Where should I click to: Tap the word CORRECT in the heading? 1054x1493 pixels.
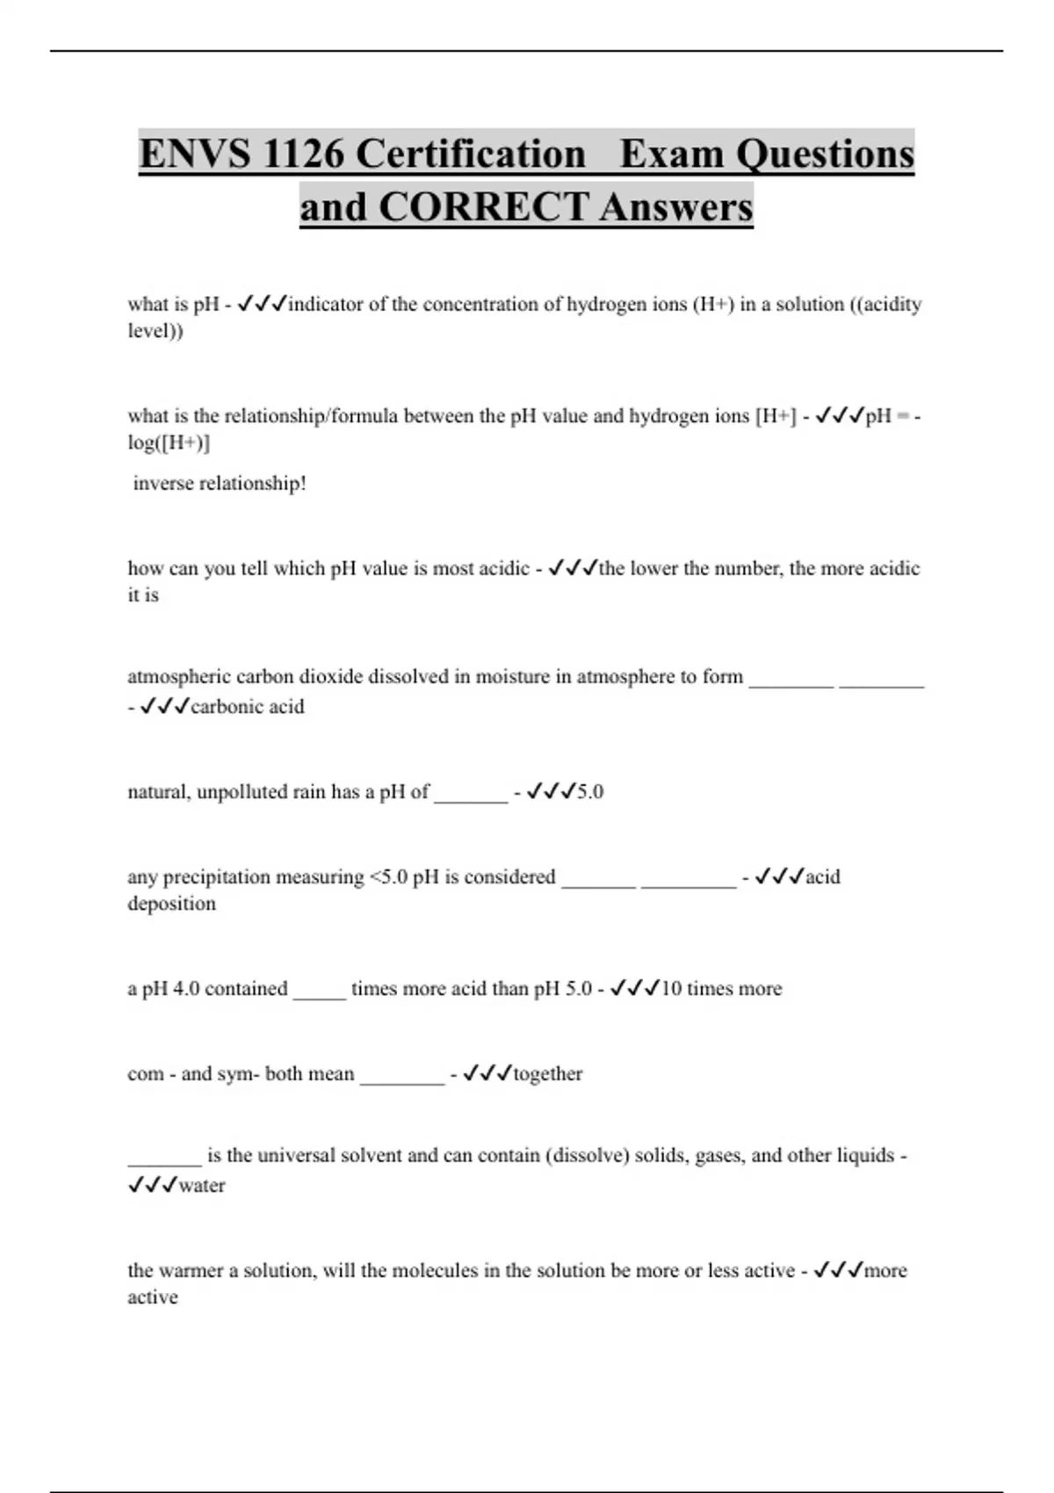click(483, 207)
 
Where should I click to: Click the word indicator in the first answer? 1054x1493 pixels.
click(326, 305)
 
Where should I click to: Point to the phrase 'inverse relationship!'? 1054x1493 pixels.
click(220, 483)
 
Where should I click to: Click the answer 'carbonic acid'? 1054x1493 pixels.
click(248, 707)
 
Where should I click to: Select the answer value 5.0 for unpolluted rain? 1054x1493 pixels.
click(590, 792)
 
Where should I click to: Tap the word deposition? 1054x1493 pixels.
click(171, 904)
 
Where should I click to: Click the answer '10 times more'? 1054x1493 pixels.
click(721, 989)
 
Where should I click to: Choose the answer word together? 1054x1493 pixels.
click(548, 1074)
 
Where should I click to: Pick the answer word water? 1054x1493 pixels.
click(202, 1186)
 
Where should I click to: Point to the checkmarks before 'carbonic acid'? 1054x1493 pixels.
click(164, 707)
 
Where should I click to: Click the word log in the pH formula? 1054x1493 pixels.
click(141, 443)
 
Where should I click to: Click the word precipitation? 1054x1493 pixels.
click(220, 877)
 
